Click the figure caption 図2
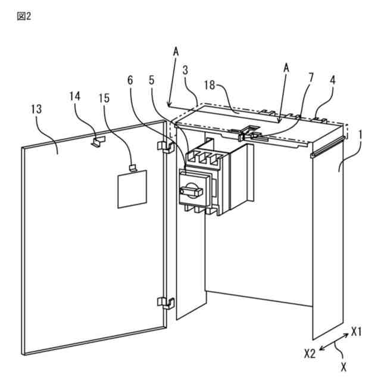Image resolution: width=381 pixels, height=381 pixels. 24,16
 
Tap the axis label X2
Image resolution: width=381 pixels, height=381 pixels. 309,353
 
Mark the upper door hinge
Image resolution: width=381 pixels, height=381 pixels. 164,146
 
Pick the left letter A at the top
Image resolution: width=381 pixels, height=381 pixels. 176,52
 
